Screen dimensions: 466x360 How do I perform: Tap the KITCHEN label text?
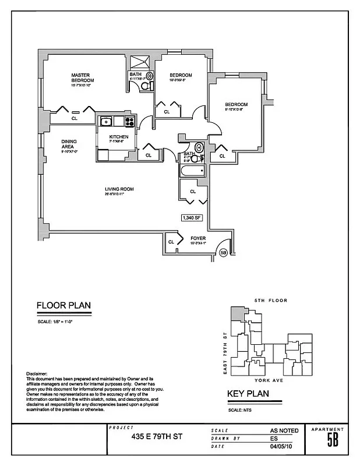coord(118,137)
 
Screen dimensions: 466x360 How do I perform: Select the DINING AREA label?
coord(69,144)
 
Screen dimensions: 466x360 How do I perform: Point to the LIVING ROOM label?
coord(119,190)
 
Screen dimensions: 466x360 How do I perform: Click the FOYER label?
coord(198,239)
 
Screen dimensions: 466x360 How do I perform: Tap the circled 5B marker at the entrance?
coord(223,253)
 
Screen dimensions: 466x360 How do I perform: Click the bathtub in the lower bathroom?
coord(192,172)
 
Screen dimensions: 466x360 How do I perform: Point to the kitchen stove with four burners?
coord(130,122)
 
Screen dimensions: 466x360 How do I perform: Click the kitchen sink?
coord(106,121)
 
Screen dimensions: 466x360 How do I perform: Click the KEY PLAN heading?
coord(248,394)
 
